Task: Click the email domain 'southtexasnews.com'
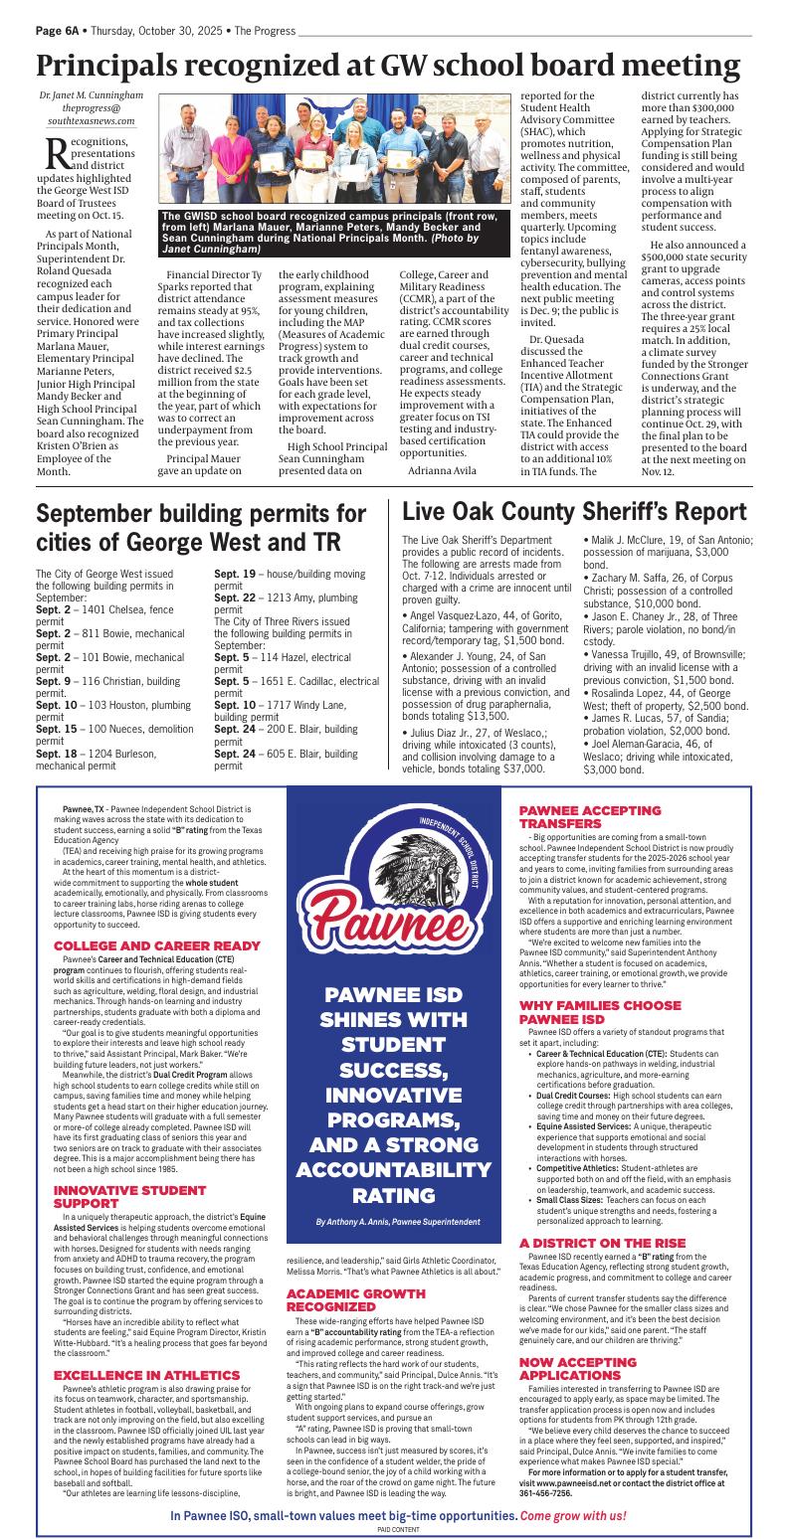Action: [x=91, y=120]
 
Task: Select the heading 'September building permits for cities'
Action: [x=200, y=528]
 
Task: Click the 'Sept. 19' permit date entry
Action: [x=236, y=574]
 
